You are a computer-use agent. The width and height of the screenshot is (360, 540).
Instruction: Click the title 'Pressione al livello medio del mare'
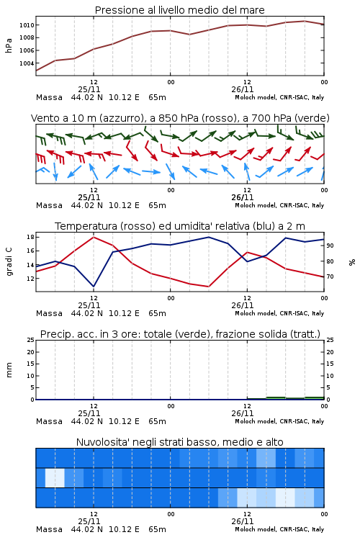tap(179, 10)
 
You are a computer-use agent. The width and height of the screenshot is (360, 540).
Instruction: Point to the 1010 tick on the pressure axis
tap(27, 25)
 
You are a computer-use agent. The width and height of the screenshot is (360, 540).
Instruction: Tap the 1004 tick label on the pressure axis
tap(27, 63)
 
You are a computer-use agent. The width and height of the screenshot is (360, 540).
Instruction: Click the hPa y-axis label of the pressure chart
tap(9, 45)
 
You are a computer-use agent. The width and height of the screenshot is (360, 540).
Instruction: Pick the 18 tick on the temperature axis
tap(30, 237)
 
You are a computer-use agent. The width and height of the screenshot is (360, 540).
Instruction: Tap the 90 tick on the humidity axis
tap(330, 246)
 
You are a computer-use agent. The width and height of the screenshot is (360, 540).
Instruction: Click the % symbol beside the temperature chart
tap(352, 262)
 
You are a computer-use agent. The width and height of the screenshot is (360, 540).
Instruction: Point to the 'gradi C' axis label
tap(9, 261)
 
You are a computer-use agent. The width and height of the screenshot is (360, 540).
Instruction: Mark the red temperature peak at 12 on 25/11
tap(94, 237)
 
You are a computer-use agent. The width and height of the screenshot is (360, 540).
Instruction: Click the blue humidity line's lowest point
tap(94, 286)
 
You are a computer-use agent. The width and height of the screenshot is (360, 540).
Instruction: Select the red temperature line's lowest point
tap(208, 286)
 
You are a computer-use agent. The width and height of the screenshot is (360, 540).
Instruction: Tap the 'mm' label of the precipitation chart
tap(9, 369)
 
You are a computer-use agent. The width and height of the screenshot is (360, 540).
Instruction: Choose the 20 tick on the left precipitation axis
tap(30, 352)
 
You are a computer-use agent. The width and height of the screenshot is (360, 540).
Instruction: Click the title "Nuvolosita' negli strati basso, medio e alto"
tap(179, 442)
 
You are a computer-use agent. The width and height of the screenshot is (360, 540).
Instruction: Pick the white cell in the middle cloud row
tap(55, 477)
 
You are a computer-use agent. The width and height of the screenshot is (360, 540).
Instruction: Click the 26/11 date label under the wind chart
tap(243, 197)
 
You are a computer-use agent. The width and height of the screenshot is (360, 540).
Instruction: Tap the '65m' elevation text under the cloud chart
tap(157, 529)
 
